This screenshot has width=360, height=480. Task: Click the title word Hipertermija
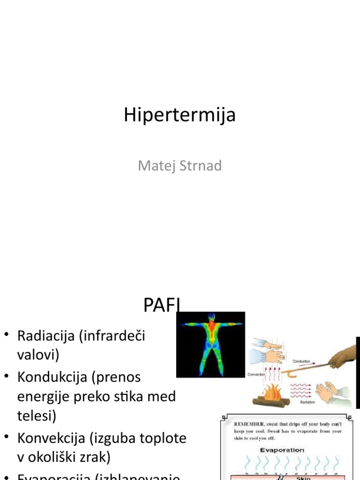tap(180, 115)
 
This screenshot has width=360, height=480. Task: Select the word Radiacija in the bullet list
tap(45, 336)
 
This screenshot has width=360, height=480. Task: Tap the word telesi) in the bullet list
tap(36, 416)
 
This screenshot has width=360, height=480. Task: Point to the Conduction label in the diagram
tap(301, 361)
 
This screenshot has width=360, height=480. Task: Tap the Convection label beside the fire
tap(256, 375)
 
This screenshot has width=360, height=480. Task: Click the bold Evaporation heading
tap(282, 450)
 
